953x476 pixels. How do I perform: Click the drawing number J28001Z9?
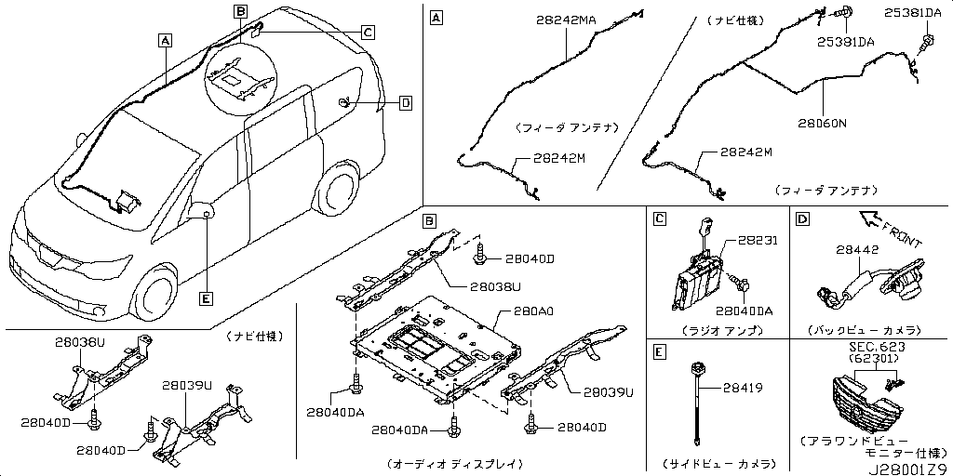(x=907, y=468)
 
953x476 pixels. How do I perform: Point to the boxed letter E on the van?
(x=206, y=297)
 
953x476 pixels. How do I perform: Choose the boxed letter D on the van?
(x=405, y=103)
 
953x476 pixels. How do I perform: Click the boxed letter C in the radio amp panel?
(x=659, y=218)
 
